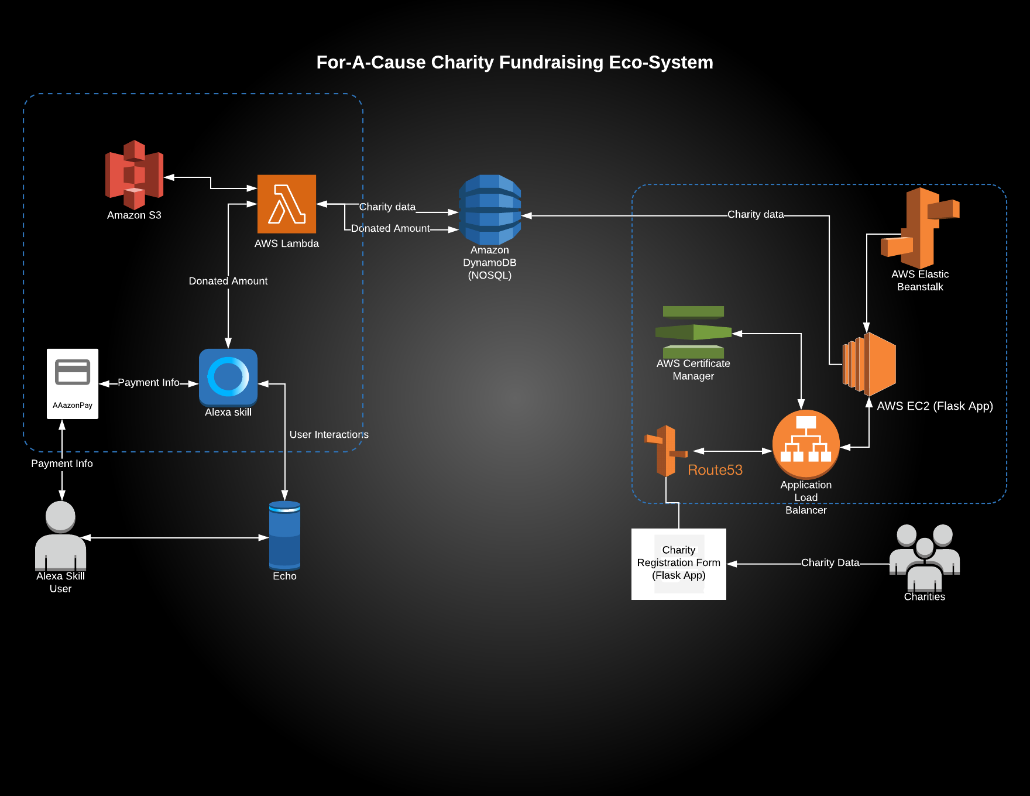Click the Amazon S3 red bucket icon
[134, 174]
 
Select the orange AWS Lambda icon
[287, 204]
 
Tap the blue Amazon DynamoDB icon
[490, 210]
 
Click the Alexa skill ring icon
[228, 377]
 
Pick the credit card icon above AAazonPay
[73, 372]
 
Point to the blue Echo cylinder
[284, 535]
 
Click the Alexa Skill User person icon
[60, 535]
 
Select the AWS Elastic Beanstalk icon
[920, 228]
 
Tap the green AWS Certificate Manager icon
[693, 332]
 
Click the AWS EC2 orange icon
[870, 364]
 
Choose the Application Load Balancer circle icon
[806, 444]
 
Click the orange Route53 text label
[715, 470]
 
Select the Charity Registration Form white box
[679, 564]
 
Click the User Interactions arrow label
[329, 435]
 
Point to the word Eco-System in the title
[661, 62]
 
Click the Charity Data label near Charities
[830, 563]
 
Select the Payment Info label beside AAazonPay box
[149, 383]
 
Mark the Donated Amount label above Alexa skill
[228, 282]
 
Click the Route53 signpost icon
[666, 451]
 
